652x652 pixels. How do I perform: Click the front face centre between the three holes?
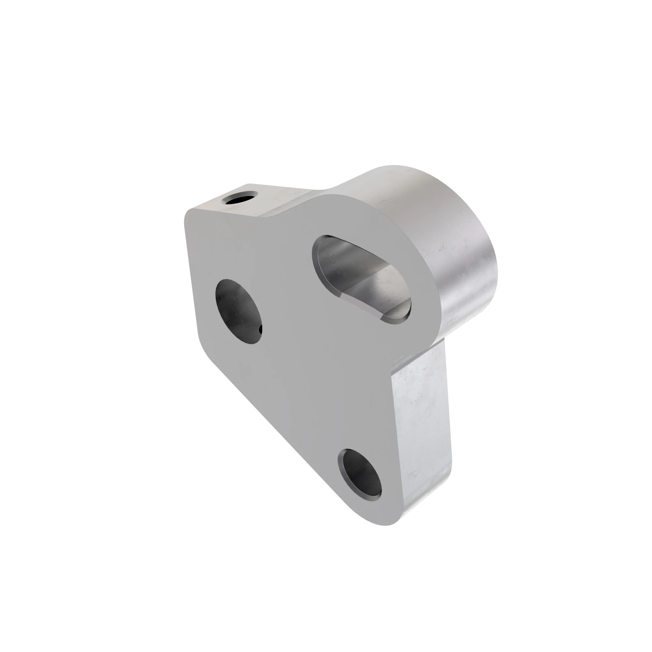pyautogui.click(x=304, y=354)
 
